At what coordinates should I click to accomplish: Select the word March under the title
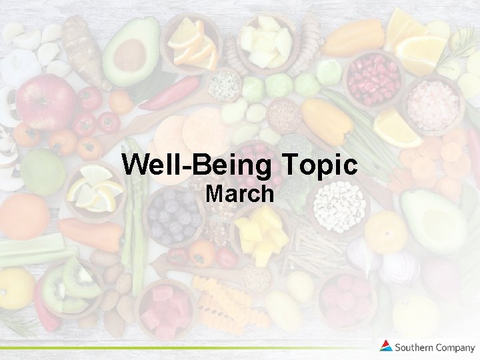pos(239,194)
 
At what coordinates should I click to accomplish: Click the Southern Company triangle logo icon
pos(386,346)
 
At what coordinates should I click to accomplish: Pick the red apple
pos(45,101)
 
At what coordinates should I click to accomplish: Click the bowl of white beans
pos(339,205)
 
